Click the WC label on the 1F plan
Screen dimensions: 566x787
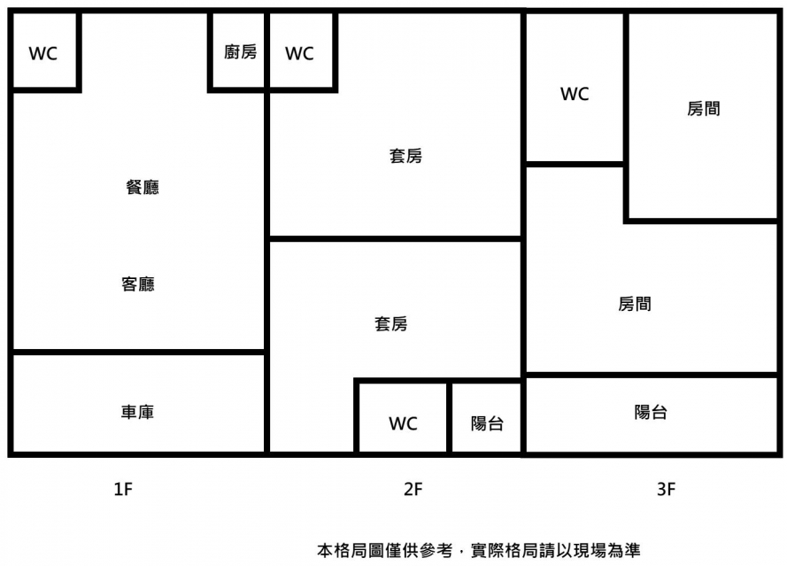pos(42,53)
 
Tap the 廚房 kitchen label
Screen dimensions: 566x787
pos(240,52)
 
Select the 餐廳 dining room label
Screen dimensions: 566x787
pos(143,188)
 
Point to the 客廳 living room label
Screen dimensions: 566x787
pos(138,284)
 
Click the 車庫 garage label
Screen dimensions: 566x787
pos(138,412)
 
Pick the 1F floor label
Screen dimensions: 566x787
pos(123,489)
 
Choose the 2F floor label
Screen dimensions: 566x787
pos(413,489)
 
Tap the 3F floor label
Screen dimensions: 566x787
pos(667,489)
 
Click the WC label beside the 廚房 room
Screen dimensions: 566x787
pos(299,53)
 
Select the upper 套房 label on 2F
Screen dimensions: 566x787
pos(405,156)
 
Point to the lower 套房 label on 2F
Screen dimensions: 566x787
pos(390,324)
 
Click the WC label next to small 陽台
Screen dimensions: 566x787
pos(403,423)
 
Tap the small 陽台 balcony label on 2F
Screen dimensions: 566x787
pos(487,423)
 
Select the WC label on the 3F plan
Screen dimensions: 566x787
pos(575,94)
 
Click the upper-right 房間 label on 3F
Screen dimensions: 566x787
pos(703,109)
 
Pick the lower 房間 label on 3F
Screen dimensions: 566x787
pos(635,304)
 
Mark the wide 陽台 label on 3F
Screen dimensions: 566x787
pos(651,412)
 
